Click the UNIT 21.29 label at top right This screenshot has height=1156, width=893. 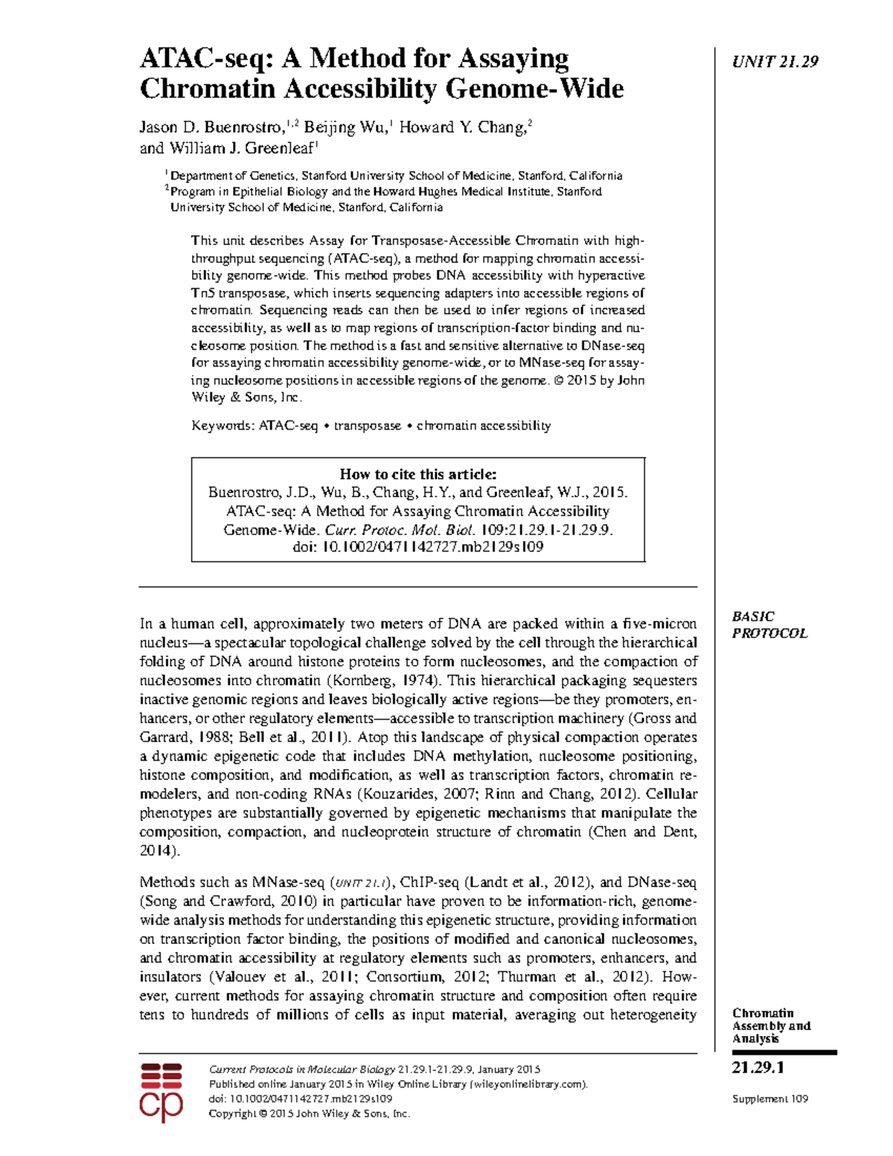click(x=775, y=62)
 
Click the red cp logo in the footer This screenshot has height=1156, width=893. click(x=161, y=1092)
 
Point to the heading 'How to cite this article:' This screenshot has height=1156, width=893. click(x=417, y=474)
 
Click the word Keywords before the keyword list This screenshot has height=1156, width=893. click(x=222, y=426)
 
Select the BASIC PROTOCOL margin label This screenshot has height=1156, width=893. click(x=769, y=625)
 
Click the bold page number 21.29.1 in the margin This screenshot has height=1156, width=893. click(x=758, y=1067)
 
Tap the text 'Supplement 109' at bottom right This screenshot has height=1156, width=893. click(x=769, y=1099)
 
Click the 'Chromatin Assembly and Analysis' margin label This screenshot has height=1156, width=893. click(x=770, y=1026)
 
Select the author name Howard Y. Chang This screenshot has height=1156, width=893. click(x=462, y=127)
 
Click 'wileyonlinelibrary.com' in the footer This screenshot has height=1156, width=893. click(x=528, y=1084)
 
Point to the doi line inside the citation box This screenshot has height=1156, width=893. click(x=417, y=547)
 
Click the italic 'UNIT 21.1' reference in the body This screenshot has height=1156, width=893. click(x=360, y=884)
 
